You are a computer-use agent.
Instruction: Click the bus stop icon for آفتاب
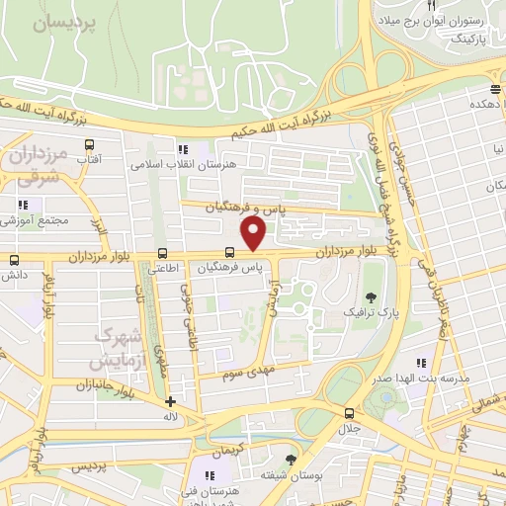pos(89,145)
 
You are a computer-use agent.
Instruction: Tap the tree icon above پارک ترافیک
pos(372,296)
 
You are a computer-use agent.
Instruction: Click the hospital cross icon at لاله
pos(171,402)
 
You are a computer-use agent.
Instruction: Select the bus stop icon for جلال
pos(348,413)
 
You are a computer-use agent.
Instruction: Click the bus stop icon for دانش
pos(14,261)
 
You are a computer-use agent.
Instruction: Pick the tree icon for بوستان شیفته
pos(289,461)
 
